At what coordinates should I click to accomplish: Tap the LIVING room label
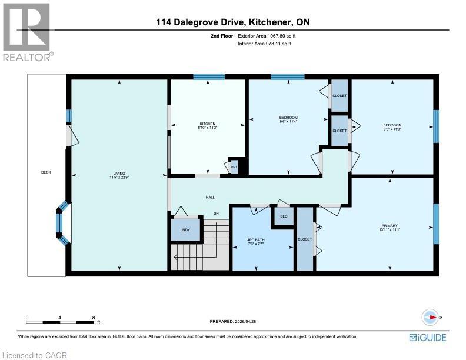click(x=119, y=174)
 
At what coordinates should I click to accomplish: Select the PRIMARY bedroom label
click(x=390, y=225)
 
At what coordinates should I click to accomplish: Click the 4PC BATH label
click(x=257, y=239)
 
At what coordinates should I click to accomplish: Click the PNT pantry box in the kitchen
click(x=234, y=167)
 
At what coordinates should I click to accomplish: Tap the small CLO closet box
click(x=283, y=216)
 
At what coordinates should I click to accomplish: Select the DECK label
click(x=46, y=172)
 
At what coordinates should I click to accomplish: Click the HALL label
click(x=210, y=198)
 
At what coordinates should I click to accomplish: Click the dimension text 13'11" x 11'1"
click(x=390, y=230)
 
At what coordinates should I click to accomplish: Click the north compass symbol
click(x=432, y=317)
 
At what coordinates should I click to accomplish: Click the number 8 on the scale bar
click(x=94, y=317)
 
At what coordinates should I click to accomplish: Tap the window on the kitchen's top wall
click(x=209, y=76)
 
